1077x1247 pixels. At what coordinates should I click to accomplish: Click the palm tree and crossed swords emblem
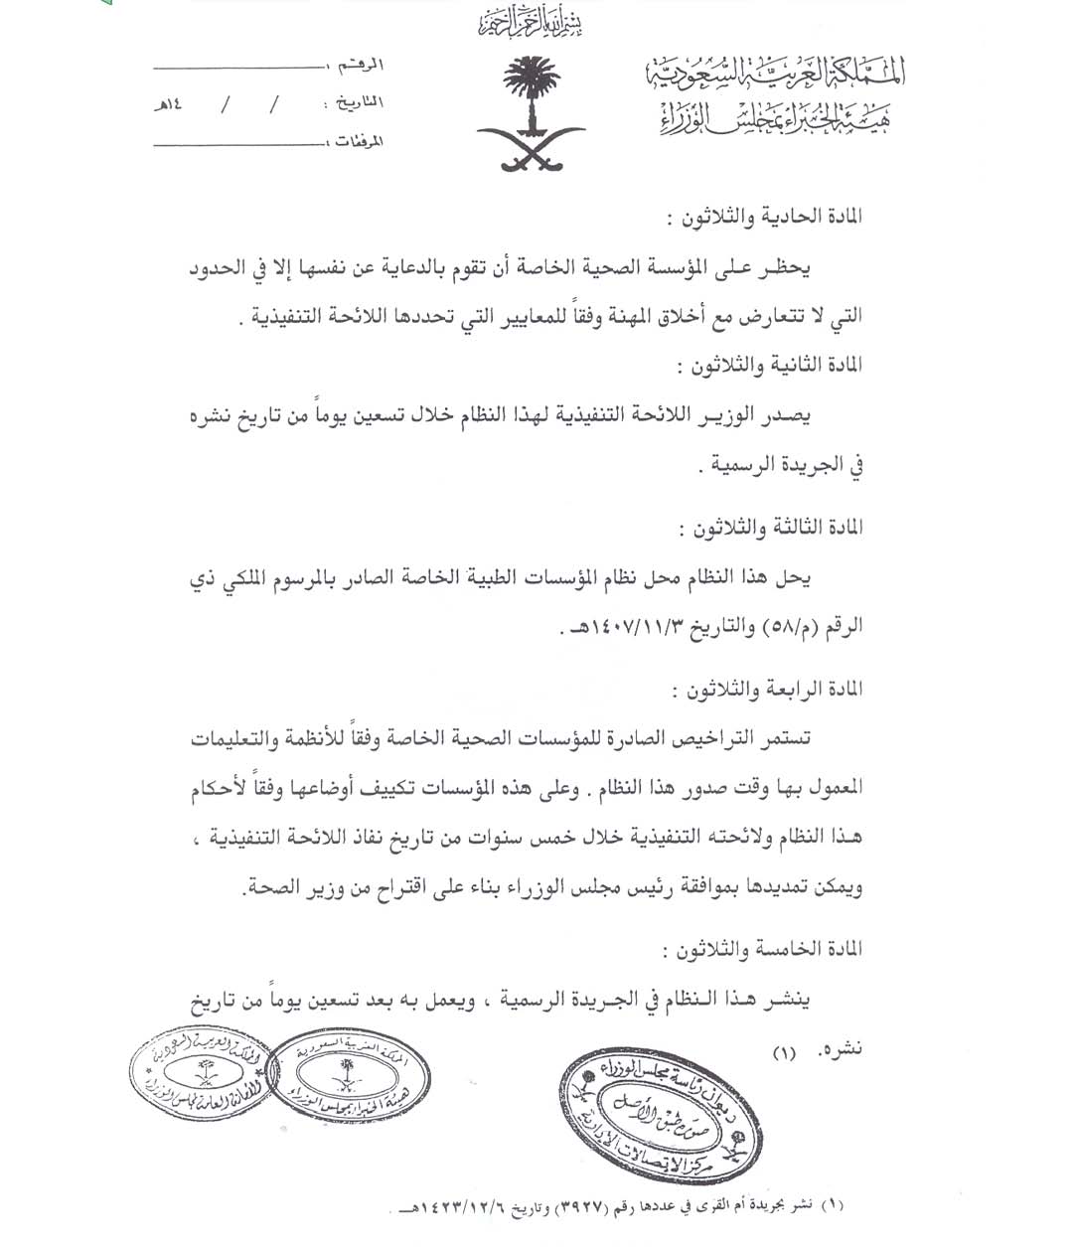(x=530, y=114)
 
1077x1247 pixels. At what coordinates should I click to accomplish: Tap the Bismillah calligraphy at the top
(x=529, y=20)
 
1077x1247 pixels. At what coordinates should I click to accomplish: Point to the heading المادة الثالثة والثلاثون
(x=769, y=529)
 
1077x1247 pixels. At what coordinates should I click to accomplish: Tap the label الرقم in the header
(x=361, y=66)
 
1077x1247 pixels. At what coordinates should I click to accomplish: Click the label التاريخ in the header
(x=355, y=102)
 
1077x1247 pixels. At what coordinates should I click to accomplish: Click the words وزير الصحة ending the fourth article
(x=279, y=889)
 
